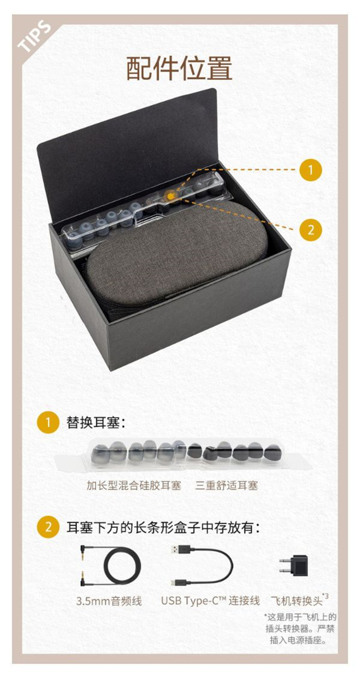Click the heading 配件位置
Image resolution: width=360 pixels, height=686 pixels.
(180, 68)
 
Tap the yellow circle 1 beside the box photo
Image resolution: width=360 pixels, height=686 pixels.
(311, 169)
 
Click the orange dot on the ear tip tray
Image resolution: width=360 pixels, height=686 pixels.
(170, 196)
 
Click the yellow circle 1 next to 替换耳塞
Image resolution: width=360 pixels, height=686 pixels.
(48, 422)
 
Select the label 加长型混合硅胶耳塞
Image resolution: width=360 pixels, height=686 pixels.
(134, 485)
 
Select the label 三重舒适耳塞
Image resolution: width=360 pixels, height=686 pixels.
(227, 485)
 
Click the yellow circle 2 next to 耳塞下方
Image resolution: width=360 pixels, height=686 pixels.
(48, 528)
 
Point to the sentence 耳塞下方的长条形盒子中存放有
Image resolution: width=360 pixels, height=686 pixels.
(164, 528)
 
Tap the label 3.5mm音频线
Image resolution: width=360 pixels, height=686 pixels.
(109, 601)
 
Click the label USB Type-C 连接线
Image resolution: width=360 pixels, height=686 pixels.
(210, 601)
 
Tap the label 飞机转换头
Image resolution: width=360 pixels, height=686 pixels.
(297, 600)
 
